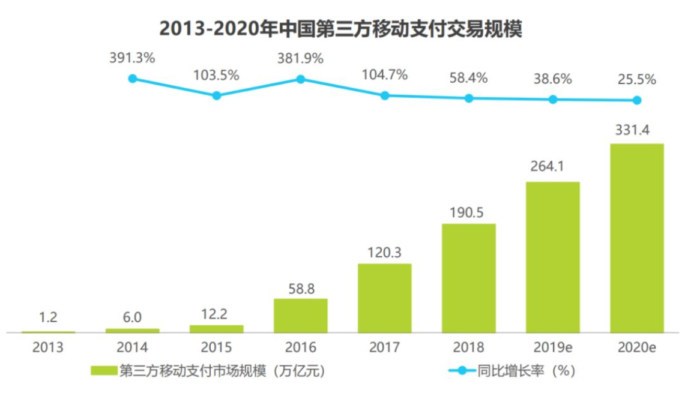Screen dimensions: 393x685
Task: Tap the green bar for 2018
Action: pos(468,277)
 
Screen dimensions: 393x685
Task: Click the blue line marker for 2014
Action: pos(133,79)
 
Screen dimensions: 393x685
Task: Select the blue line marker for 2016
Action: pos(301,79)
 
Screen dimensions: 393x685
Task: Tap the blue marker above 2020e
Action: pos(637,100)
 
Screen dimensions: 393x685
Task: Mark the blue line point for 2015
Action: pos(217,95)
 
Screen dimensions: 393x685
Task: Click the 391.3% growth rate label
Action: pos(133,58)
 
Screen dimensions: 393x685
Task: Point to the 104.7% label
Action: pos(385,75)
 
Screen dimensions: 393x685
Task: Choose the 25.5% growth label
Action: pos(637,79)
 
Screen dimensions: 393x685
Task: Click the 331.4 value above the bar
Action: pos(636,130)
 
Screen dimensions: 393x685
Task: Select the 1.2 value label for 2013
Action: pos(49,318)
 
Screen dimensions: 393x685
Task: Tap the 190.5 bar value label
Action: pos(468,211)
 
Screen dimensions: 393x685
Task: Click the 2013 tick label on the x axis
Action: pos(49,347)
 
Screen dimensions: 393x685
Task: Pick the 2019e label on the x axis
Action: pos(552,347)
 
